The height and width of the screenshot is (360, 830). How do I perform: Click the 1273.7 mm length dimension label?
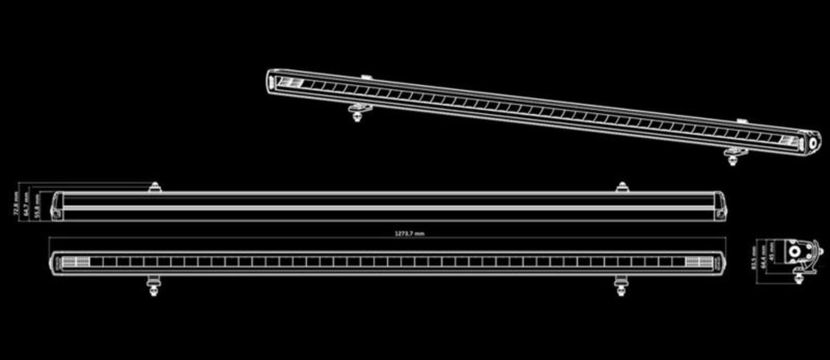[x=409, y=234]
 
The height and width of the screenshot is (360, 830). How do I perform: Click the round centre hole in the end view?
[x=797, y=252]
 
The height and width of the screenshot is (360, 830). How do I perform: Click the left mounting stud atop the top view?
[x=155, y=187]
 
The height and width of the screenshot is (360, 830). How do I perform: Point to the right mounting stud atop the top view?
[x=622, y=187]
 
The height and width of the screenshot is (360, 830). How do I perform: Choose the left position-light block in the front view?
[x=76, y=262]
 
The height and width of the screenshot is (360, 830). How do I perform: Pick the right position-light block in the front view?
[x=699, y=262]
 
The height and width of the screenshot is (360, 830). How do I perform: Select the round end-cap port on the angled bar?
[x=813, y=144]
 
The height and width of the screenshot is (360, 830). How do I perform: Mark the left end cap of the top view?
[x=57, y=207]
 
